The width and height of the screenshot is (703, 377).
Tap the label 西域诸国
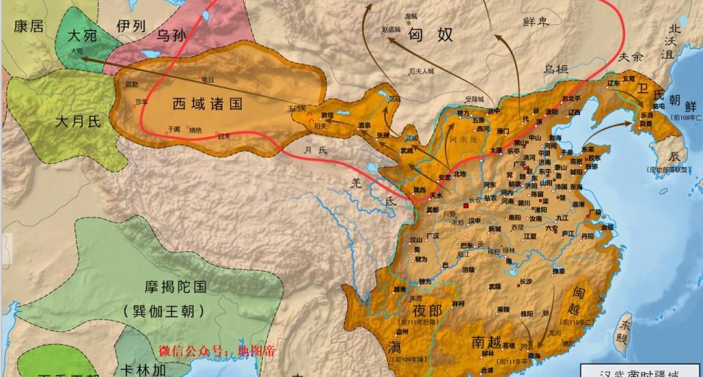click(x=207, y=104)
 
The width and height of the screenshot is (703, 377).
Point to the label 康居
click(x=29, y=27)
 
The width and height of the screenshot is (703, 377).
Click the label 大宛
click(x=81, y=35)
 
